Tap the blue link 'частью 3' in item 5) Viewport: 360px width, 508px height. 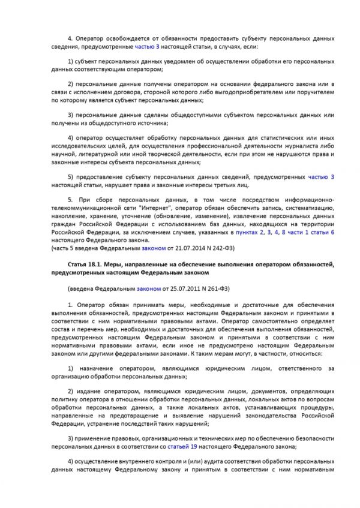click(x=320, y=178)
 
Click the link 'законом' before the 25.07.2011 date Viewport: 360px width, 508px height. click(x=149, y=288)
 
